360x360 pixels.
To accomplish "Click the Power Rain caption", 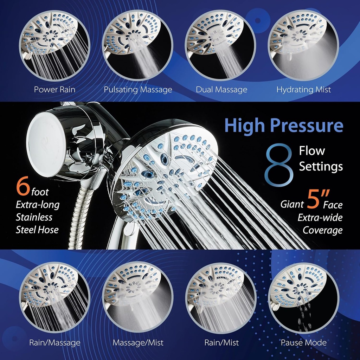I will tap(54, 89).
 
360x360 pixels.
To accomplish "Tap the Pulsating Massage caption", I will tap(138, 89).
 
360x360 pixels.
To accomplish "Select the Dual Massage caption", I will tap(221, 89).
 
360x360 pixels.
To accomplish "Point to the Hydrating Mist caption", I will tap(303, 89).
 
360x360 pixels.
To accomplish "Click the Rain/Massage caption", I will tap(54, 342).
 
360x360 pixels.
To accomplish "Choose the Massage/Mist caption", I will tap(138, 342).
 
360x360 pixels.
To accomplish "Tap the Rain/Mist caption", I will tap(221, 342).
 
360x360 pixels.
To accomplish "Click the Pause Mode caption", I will tap(303, 342).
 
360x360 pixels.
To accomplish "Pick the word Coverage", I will tap(322, 230).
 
